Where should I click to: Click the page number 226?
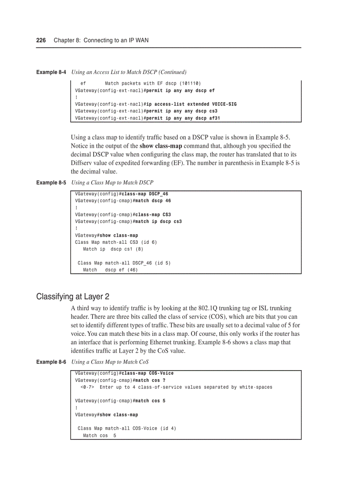(x=41, y=40)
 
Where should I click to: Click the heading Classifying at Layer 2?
(x=72, y=297)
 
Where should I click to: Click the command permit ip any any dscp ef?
(x=180, y=90)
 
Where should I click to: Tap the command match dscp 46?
(x=153, y=201)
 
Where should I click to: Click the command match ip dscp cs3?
(x=158, y=221)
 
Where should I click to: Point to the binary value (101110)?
(x=190, y=83)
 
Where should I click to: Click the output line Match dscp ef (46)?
(x=110, y=270)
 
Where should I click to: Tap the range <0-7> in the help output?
(x=87, y=387)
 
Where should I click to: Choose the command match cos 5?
(x=150, y=401)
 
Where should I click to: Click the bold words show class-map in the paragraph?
(x=161, y=146)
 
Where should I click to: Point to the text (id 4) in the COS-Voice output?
(x=168, y=428)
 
